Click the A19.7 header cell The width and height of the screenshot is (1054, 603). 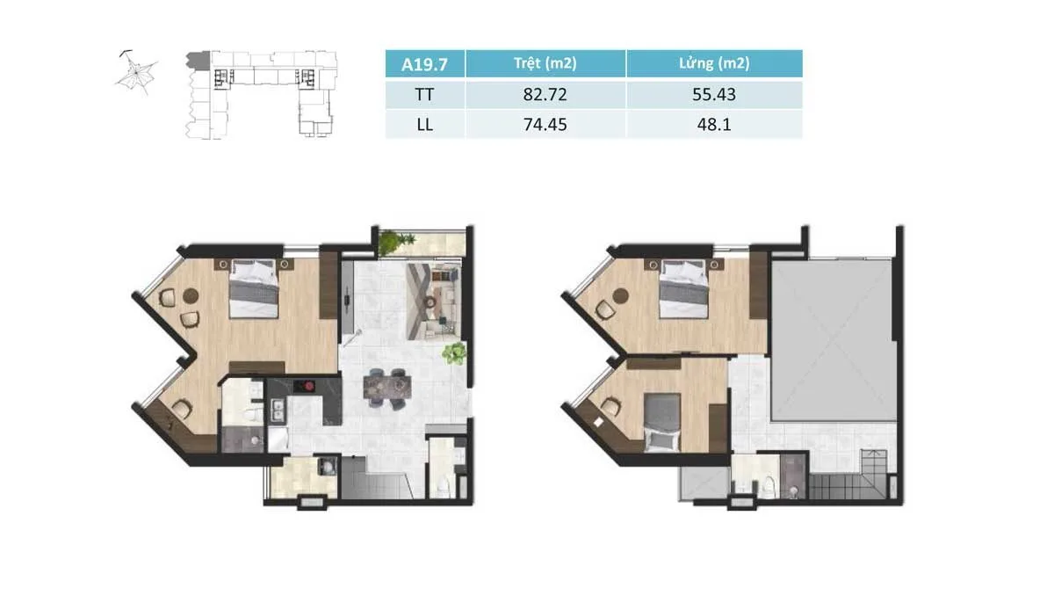coord(424,63)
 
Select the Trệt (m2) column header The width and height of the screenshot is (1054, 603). coord(545,63)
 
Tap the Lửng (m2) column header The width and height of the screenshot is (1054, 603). coord(714,63)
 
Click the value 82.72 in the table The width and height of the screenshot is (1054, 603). coord(545,94)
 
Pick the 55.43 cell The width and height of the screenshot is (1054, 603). coord(714,94)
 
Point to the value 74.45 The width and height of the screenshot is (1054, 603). coord(545,124)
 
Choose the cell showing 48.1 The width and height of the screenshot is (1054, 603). coord(714,124)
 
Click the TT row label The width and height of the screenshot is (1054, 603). coord(424,95)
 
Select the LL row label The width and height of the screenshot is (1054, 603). coord(424,125)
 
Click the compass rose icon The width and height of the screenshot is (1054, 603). coord(136,73)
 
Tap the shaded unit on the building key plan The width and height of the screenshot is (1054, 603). coord(199,61)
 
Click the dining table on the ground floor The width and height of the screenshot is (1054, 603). coord(386,387)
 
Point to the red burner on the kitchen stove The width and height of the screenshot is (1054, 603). coord(309,386)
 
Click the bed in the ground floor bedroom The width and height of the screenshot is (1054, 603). coord(254,288)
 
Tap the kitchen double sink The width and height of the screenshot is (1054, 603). coord(278,410)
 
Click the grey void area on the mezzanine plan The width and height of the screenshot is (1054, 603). coord(833,340)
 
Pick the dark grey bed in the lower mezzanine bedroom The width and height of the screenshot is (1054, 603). coord(661,422)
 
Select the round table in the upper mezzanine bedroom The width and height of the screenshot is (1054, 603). coord(621,295)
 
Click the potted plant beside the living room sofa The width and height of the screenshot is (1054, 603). coord(455,353)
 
